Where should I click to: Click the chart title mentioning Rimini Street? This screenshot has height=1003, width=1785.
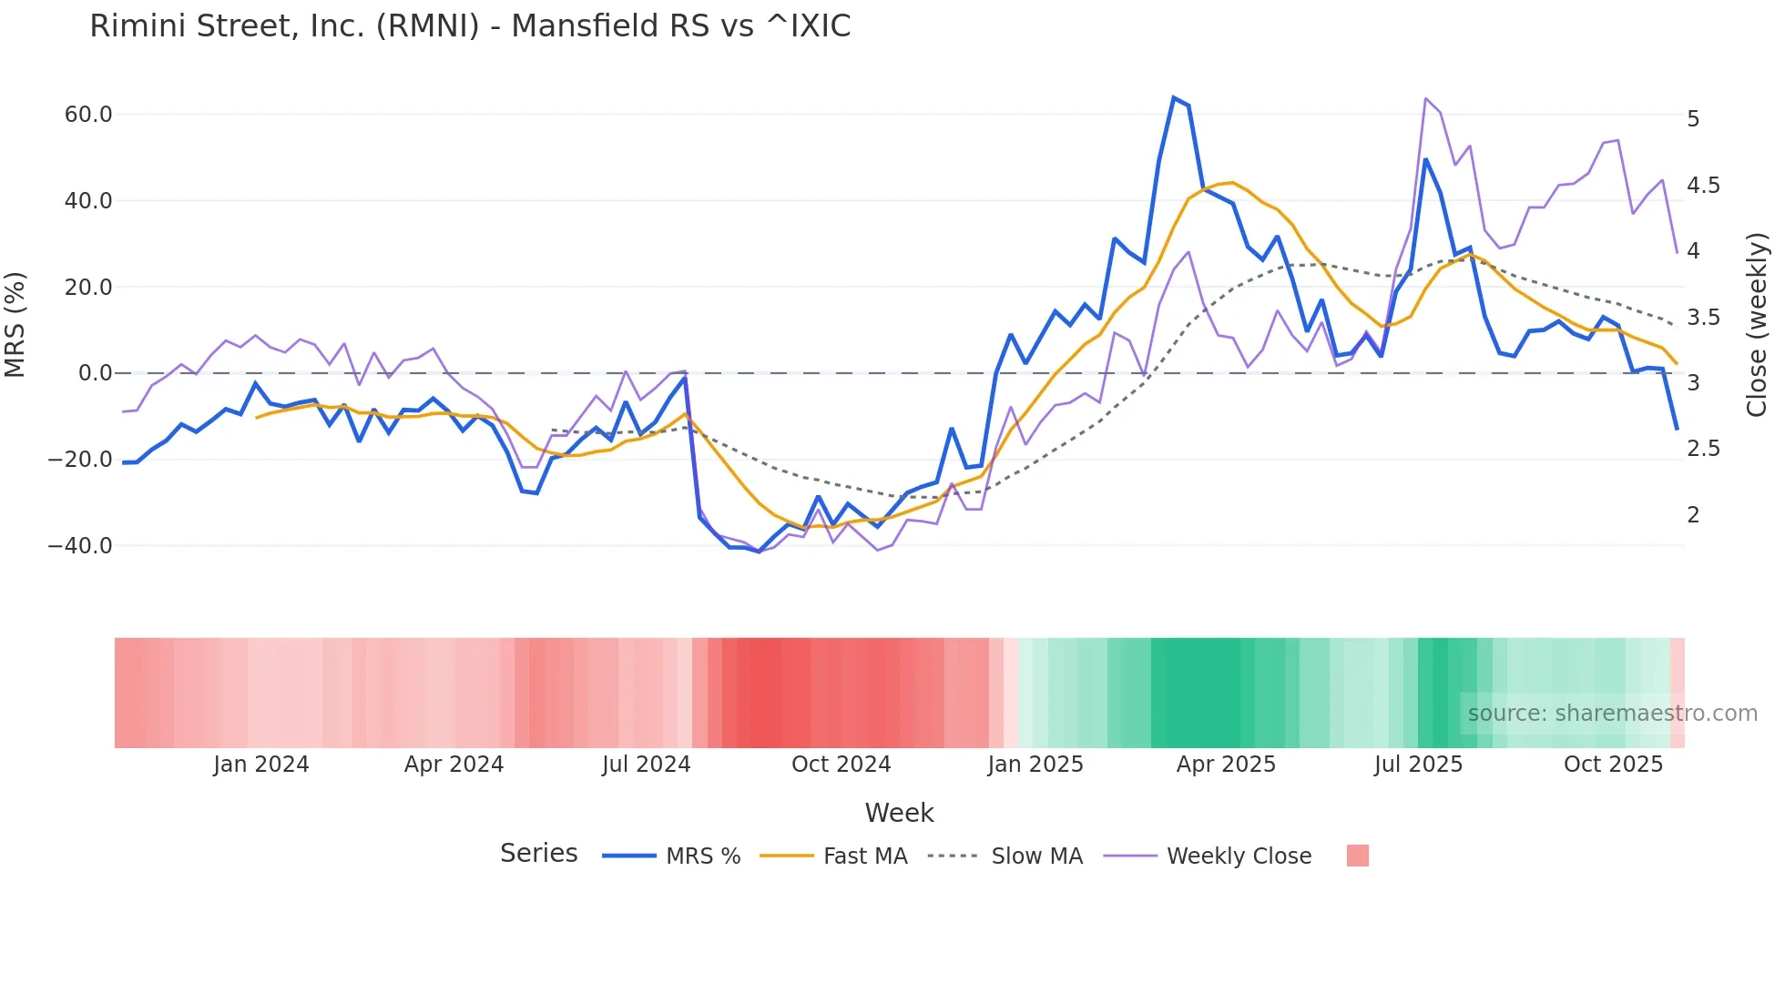[470, 26]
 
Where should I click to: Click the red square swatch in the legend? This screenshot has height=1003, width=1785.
[1357, 856]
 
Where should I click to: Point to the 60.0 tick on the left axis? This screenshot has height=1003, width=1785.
[88, 115]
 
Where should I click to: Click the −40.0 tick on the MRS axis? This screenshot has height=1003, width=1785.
[80, 546]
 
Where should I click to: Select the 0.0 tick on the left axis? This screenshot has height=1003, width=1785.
[96, 373]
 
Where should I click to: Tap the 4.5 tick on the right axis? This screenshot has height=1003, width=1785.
[1703, 186]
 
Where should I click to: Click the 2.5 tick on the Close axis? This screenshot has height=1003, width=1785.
[1703, 449]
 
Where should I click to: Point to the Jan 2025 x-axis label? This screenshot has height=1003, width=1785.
[1035, 765]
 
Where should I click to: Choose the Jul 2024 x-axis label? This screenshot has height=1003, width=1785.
[647, 765]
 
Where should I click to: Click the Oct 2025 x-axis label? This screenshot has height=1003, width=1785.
[1613, 765]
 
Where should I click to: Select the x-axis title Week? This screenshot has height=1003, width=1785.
[899, 813]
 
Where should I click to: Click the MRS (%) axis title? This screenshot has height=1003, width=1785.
[15, 325]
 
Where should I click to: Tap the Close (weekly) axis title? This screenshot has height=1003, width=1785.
[1757, 325]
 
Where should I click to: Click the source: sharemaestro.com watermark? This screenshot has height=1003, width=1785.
[1612, 714]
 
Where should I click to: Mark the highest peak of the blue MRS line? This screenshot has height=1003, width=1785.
[1174, 97]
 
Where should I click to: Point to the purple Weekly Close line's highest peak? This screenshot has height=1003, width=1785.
[1425, 98]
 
